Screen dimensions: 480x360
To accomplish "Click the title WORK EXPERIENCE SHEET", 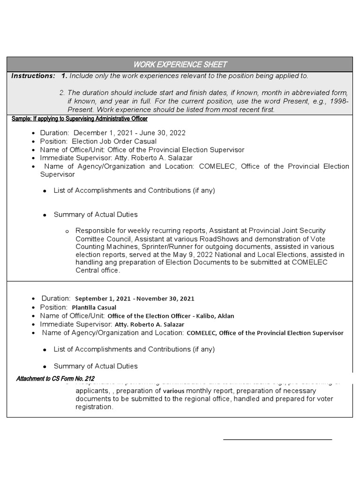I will tap(180, 64).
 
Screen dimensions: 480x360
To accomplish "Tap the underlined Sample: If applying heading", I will tap(80, 119).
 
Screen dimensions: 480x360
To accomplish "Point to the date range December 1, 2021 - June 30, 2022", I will tap(129, 133).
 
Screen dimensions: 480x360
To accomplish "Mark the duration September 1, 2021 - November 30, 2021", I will tap(135, 299).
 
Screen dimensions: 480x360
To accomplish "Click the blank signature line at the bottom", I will tap(277, 440).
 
